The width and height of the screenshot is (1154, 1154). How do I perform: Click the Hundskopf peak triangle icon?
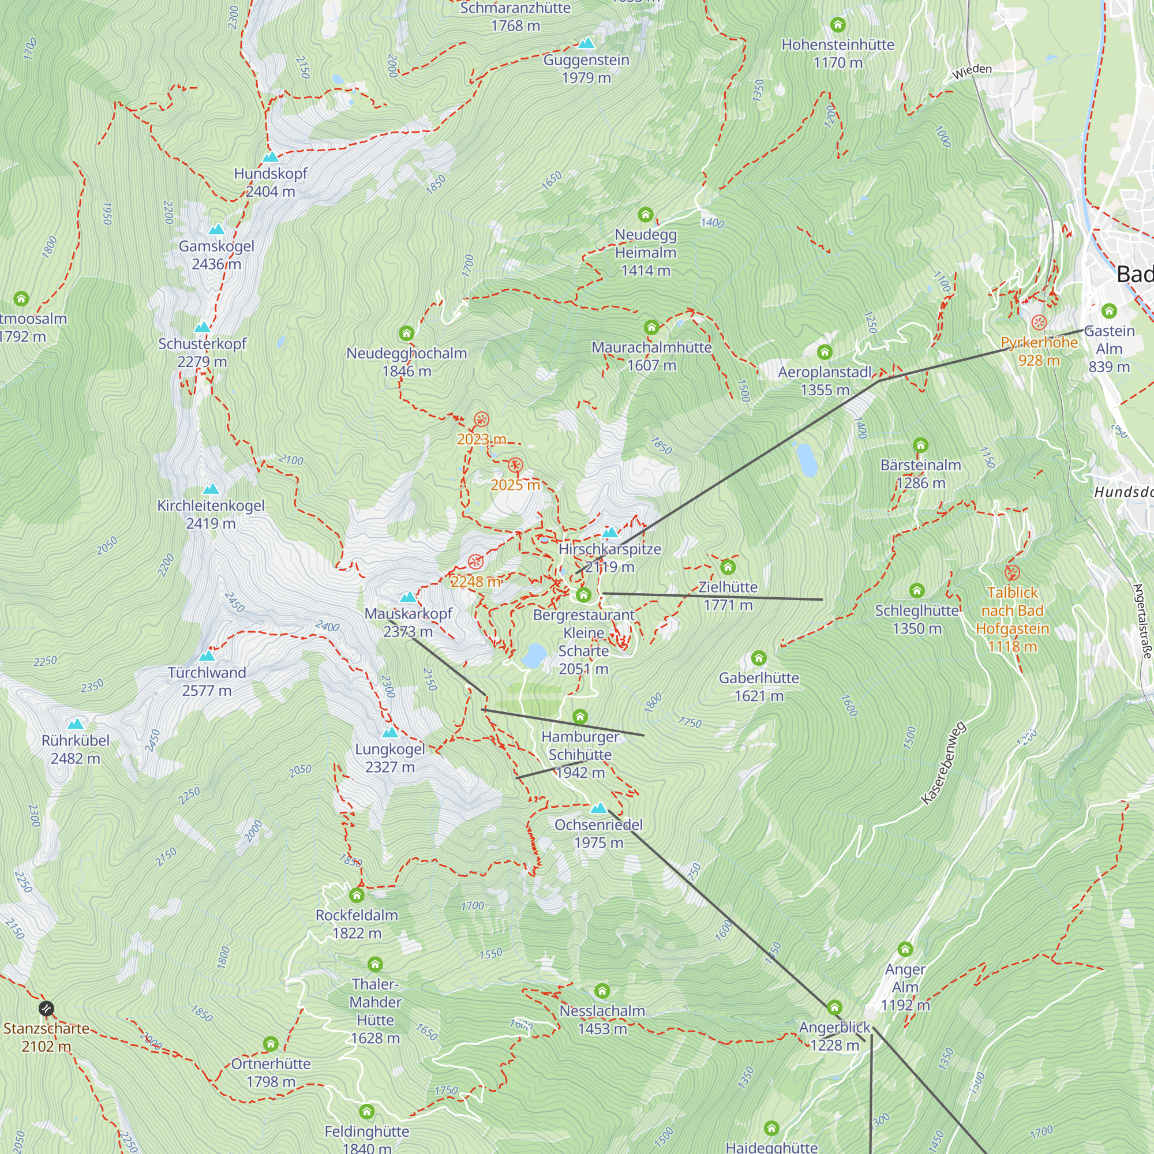[x=271, y=157]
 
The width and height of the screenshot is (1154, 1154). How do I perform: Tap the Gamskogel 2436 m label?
[x=216, y=255]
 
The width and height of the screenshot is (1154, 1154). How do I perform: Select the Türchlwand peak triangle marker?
[x=207, y=656]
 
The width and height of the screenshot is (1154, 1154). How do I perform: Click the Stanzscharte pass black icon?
[x=46, y=1009]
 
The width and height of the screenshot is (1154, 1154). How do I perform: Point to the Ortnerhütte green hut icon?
[x=271, y=1043]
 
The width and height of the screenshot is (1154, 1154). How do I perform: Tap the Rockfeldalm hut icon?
[x=357, y=895]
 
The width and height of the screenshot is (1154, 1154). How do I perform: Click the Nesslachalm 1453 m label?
[x=602, y=1020]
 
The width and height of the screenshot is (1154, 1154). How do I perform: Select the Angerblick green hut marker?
[x=834, y=1007]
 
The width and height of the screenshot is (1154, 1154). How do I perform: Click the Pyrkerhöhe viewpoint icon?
[x=1039, y=323]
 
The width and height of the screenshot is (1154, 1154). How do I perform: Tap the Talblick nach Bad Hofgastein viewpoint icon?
[x=1012, y=573]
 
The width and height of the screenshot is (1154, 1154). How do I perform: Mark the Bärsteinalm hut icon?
[x=920, y=445]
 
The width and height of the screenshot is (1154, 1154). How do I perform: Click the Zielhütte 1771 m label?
[x=728, y=595]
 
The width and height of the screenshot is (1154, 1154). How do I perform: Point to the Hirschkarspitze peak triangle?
[x=609, y=532]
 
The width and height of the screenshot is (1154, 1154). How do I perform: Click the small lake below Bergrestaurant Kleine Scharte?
[x=534, y=655]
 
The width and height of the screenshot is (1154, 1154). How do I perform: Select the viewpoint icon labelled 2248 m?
[x=475, y=561]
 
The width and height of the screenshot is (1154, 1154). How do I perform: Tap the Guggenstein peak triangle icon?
[x=587, y=43]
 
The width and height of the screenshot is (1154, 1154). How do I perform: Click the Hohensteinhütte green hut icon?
[x=838, y=25]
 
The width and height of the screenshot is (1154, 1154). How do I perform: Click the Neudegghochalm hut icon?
[x=406, y=334]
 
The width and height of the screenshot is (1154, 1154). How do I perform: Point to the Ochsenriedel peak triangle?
[x=598, y=808]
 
